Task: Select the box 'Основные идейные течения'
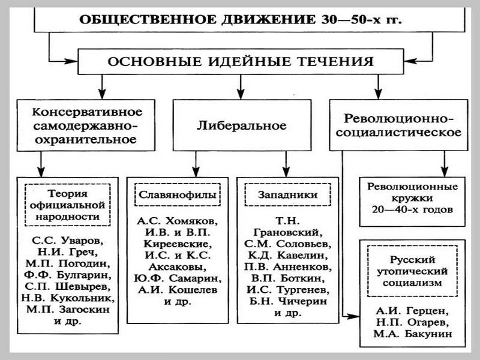click(240, 62)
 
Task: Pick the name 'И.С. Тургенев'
click(278, 290)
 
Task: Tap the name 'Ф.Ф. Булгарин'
click(67, 275)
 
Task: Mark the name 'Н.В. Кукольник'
click(67, 298)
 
